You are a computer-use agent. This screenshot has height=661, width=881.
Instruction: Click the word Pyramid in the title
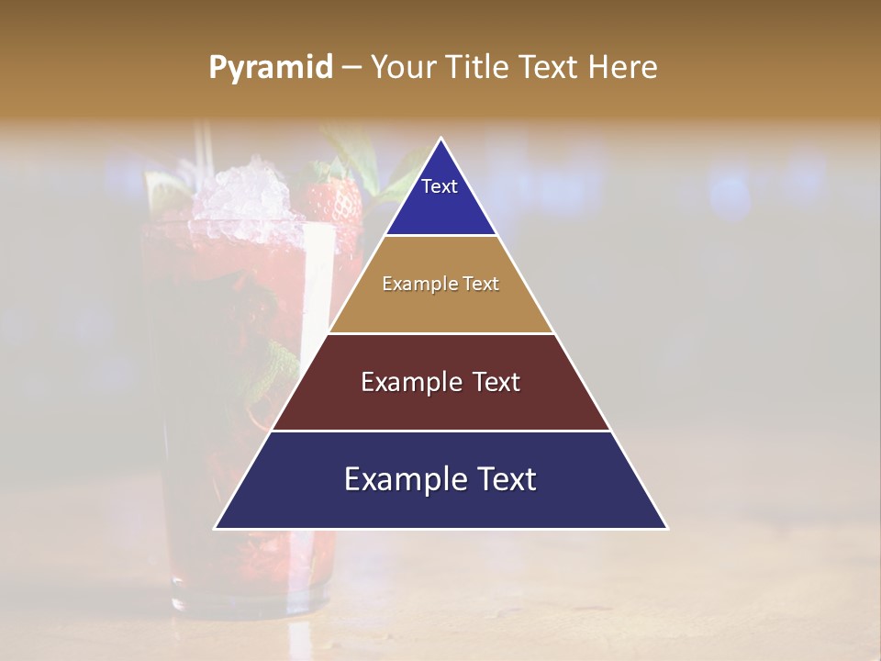click(x=270, y=68)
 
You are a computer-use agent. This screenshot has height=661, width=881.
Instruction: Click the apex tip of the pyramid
click(x=441, y=140)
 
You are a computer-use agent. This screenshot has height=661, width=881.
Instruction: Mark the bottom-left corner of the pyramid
click(x=216, y=528)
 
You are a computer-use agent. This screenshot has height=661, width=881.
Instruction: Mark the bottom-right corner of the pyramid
click(x=667, y=528)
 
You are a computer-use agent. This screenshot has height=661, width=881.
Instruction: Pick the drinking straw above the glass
click(x=207, y=147)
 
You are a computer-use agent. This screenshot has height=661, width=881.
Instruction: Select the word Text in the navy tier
click(x=503, y=480)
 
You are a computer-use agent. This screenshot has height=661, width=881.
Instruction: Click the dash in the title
click(x=351, y=68)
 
